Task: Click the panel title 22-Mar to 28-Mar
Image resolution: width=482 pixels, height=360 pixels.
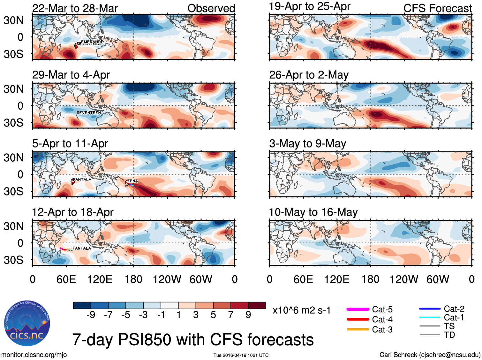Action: pyautogui.click(x=75, y=8)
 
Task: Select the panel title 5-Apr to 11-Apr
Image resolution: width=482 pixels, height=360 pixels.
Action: pyautogui.click(x=70, y=143)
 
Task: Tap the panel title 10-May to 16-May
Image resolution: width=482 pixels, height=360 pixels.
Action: pyautogui.click(x=313, y=212)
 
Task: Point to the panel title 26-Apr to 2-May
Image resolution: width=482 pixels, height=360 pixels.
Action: pyautogui.click(x=309, y=75)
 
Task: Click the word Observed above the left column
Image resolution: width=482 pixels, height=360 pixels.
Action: pyautogui.click(x=211, y=8)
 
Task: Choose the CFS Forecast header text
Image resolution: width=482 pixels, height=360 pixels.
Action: pyautogui.click(x=437, y=8)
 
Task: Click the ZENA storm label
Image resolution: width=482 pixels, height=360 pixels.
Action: pyautogui.click(x=132, y=181)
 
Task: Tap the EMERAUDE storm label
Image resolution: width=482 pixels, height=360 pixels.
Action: pyautogui.click(x=92, y=42)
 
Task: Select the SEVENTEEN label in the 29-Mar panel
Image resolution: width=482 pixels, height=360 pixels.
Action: pyautogui.click(x=88, y=112)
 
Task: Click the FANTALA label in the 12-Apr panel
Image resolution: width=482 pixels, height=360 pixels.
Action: pyautogui.click(x=82, y=248)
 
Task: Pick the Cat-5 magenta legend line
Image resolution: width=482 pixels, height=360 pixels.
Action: pyautogui.click(x=358, y=309)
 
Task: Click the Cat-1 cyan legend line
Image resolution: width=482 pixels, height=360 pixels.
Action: pyautogui.click(x=430, y=318)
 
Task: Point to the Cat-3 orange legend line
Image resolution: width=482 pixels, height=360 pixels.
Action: pyautogui.click(x=358, y=329)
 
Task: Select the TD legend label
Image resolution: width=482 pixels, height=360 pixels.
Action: pyautogui.click(x=449, y=335)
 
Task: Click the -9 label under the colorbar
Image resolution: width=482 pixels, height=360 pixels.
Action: pyautogui.click(x=91, y=315)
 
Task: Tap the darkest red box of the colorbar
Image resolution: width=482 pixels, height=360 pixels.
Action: pyautogui.click(x=257, y=305)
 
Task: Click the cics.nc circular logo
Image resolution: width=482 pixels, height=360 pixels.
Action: pyautogui.click(x=27, y=323)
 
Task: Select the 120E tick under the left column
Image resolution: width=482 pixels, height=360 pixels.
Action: pyautogui.click(x=100, y=280)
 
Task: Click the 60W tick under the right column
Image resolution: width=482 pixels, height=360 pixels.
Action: pyautogui.click(x=438, y=280)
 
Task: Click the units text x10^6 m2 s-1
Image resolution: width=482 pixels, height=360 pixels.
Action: pyautogui.click(x=302, y=310)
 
